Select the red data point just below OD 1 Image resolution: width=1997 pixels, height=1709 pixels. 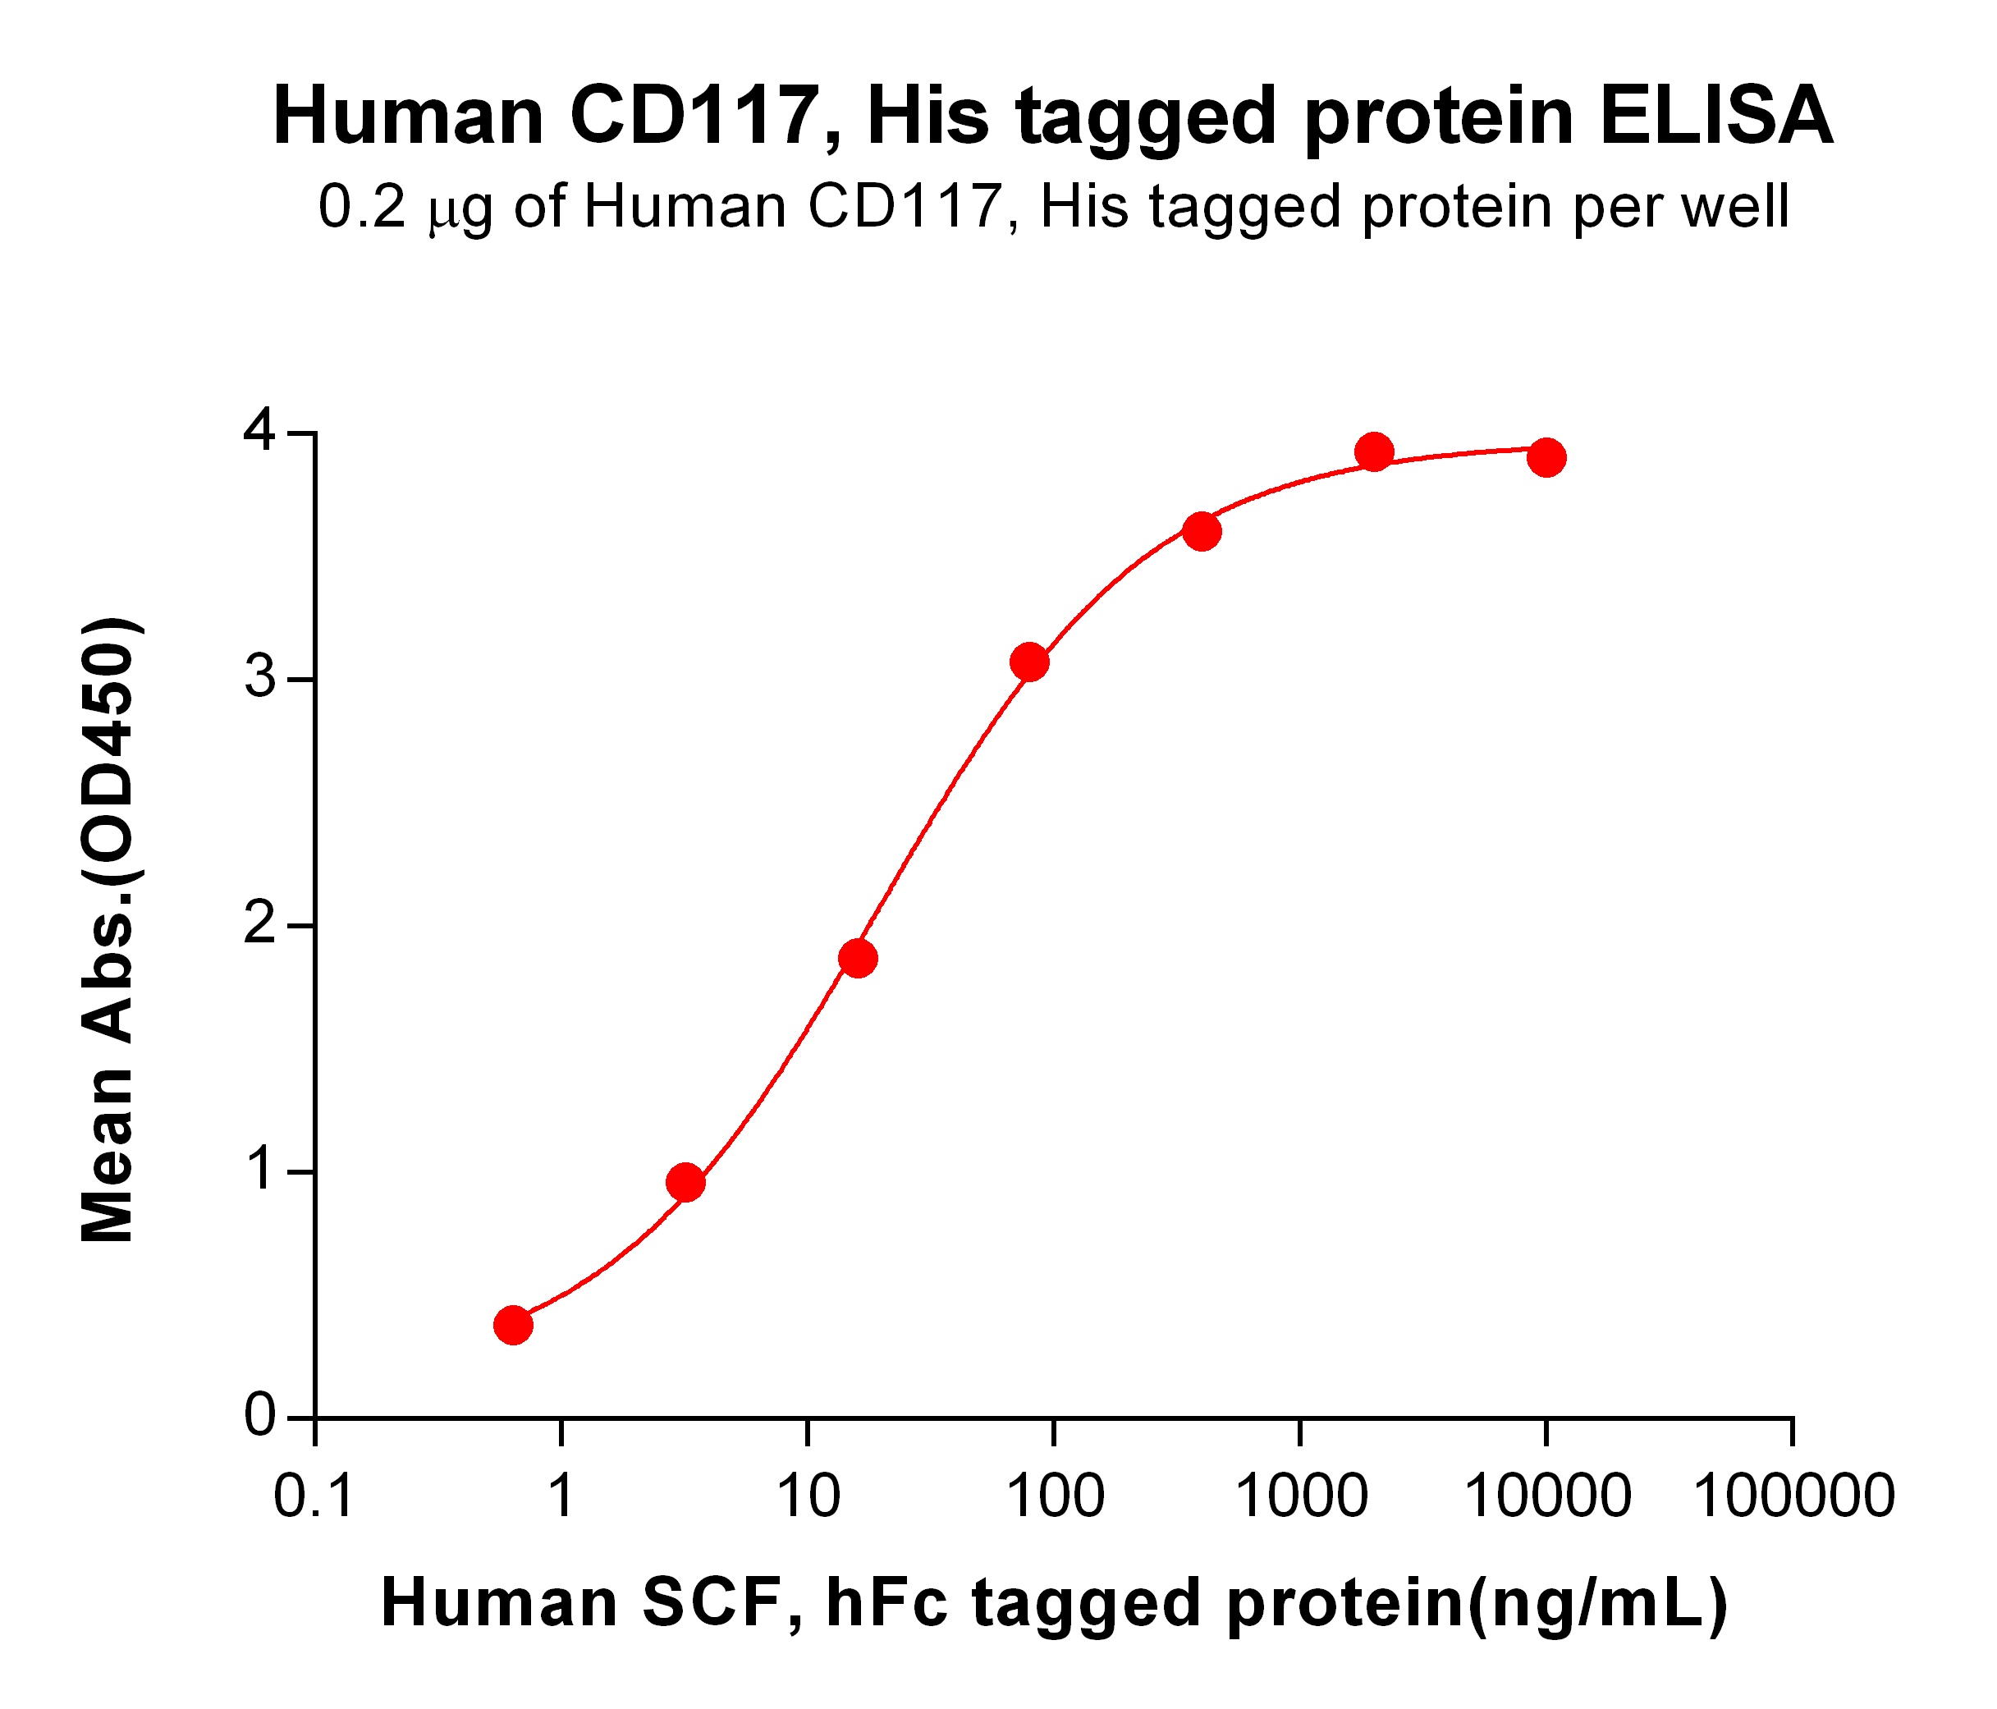[685, 1183]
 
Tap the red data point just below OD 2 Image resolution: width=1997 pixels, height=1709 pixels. [858, 958]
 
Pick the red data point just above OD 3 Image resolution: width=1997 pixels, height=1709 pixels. [1029, 662]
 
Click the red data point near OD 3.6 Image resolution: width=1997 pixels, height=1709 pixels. [1202, 531]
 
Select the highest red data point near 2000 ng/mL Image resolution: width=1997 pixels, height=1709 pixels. [1374, 451]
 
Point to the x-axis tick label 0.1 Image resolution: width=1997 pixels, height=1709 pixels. [314, 1497]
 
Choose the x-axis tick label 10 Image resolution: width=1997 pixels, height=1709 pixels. [808, 1497]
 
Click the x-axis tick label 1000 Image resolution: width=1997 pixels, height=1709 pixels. [1300, 1497]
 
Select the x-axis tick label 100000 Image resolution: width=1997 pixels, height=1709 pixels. [1793, 1497]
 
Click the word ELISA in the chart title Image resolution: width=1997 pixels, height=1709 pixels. [1716, 117]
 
